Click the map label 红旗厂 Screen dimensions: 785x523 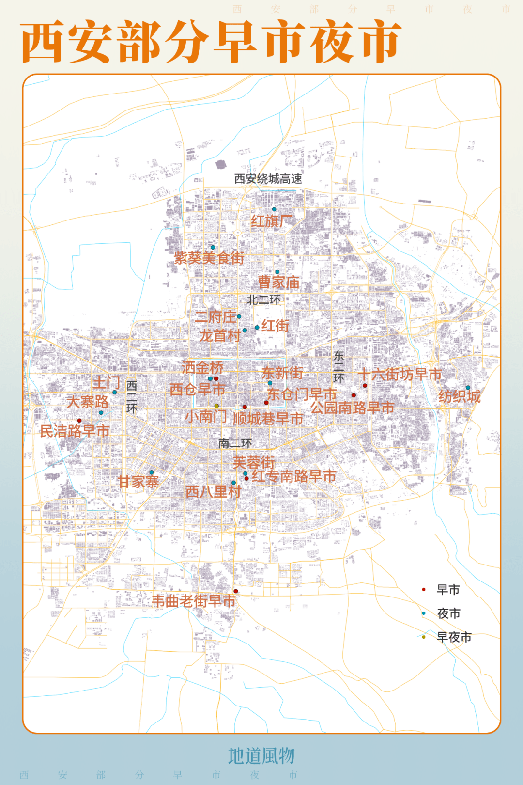tap(271, 221)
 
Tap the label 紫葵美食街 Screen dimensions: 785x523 tap(209, 258)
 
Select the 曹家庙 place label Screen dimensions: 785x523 tap(278, 283)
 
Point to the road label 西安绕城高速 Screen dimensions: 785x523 tap(268, 179)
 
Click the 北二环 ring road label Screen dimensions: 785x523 tap(263, 300)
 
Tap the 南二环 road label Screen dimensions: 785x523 tap(235, 443)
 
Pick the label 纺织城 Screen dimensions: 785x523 tap(460, 396)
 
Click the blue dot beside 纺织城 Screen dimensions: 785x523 tap(468, 388)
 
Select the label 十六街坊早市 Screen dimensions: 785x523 tap(400, 374)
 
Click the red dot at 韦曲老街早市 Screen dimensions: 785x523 tap(236, 591)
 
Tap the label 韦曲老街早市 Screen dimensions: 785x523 tap(194, 601)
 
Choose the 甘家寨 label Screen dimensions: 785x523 tap(139, 482)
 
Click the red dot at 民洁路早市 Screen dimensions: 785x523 tap(79, 421)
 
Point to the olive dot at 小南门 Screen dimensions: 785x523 tap(216, 406)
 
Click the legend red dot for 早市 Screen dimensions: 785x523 tap(424, 590)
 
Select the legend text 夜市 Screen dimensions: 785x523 tap(449, 613)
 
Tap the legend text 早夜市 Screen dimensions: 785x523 tap(454, 637)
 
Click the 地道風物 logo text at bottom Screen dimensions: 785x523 tap(261, 756)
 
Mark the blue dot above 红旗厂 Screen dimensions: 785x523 tap(274, 209)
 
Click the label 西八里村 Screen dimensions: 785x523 tap(214, 492)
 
